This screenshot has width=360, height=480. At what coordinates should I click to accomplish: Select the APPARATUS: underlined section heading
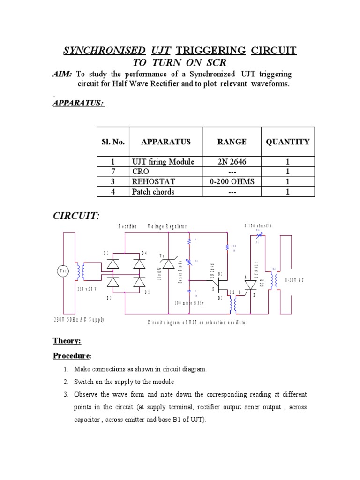pos(78,103)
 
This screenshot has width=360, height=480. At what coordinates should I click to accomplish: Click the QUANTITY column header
pos(287,142)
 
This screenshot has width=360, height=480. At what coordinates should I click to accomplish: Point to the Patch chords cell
pos(153,191)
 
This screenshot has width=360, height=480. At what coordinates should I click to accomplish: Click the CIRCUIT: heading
pos(76,216)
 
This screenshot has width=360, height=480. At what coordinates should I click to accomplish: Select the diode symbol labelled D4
pos(139,264)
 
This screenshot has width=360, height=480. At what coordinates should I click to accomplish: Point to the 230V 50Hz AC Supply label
pos(78,320)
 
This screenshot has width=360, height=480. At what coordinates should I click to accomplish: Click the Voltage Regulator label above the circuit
pos(167,226)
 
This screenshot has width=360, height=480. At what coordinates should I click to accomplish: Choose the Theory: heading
pos(67,341)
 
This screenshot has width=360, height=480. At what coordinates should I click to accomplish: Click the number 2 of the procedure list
pos(67,381)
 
